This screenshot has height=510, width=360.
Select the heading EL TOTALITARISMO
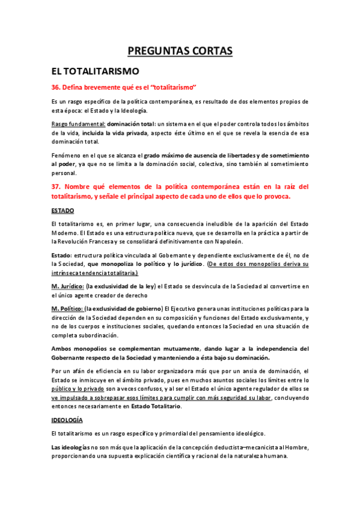[95, 71]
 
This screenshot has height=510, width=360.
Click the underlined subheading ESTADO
[63, 210]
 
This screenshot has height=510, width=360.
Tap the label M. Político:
[67, 309]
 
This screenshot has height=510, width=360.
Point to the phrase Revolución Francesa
[89, 242]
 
